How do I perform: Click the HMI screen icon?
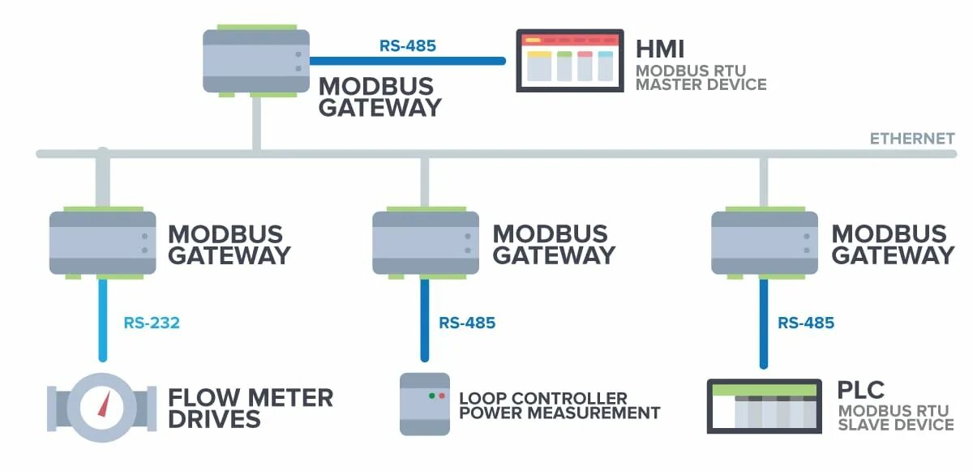pos(569,60)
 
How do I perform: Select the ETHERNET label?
pos(912,139)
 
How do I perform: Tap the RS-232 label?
pos(152,323)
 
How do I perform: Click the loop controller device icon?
pos(424,404)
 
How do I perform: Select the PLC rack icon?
pos(762,405)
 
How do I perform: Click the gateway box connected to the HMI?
pos(256,61)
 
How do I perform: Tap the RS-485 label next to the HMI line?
pos(408,45)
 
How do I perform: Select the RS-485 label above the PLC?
pos(806,323)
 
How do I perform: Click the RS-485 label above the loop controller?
pos(467,323)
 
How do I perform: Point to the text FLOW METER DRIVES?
pos(250,408)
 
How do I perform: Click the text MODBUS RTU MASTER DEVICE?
pos(701,77)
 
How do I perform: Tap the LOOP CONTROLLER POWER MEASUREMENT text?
pos(559,405)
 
